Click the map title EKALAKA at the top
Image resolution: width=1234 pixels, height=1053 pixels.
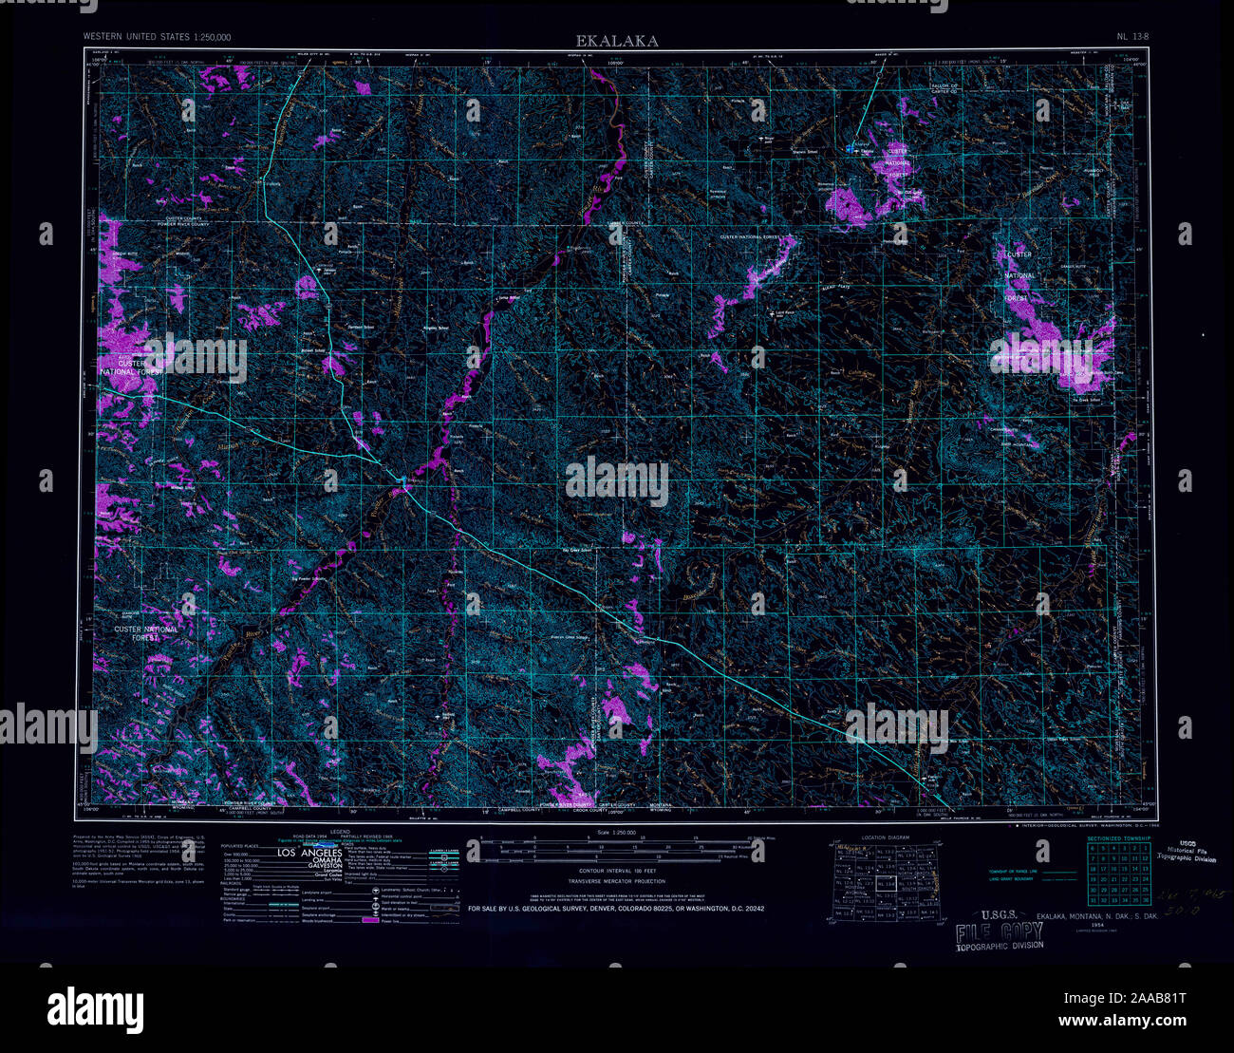tap(616, 41)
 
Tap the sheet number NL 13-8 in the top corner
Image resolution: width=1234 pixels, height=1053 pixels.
tap(1133, 37)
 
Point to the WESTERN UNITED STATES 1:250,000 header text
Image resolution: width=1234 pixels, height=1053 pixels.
tap(157, 37)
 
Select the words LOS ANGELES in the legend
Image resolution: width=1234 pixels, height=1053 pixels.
tap(318, 855)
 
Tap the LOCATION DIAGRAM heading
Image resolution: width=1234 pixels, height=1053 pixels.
tap(885, 837)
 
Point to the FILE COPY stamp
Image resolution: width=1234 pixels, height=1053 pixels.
tap(999, 931)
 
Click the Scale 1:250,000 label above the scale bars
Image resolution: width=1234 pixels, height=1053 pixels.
tap(617, 832)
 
